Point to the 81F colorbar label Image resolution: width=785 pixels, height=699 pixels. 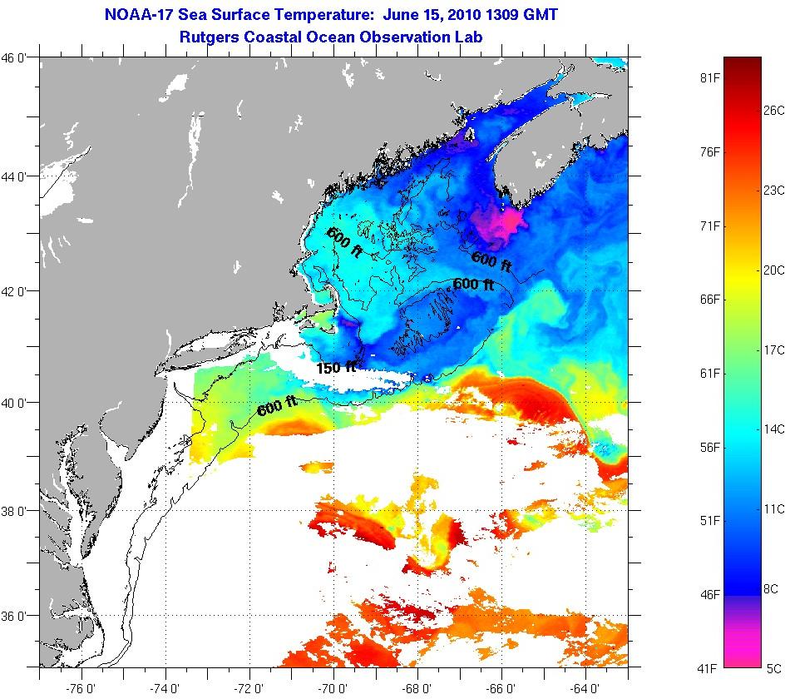pyautogui.click(x=709, y=78)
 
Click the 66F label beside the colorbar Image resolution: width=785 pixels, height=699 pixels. pyautogui.click(x=709, y=300)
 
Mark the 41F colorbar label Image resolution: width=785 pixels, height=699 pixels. pyautogui.click(x=709, y=667)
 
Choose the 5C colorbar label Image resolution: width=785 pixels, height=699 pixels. pyautogui.click(x=773, y=667)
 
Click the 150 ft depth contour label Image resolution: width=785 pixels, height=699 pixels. pyautogui.click(x=336, y=367)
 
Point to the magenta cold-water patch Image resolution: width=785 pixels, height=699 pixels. pyautogui.click(x=496, y=223)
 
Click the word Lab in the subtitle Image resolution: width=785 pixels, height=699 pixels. pyautogui.click(x=469, y=37)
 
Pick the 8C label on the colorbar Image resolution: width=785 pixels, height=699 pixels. pyautogui.click(x=773, y=587)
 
